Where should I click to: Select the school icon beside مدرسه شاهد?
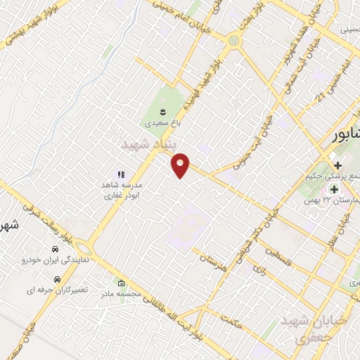click(121, 174)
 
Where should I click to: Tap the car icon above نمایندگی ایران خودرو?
click(55, 250)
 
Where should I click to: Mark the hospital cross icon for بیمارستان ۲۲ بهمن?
click(334, 189)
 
